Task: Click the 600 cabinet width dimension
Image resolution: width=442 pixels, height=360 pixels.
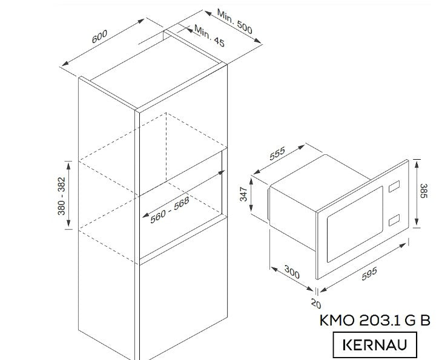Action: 99,36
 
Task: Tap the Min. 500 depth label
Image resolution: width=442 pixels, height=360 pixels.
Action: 234,21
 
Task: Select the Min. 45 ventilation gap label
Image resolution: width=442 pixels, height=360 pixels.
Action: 209,36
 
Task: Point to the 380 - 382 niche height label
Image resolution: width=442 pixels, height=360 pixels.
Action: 61,196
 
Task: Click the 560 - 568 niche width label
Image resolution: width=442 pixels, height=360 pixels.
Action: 170,210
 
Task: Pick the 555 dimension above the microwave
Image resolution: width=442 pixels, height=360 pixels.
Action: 277,154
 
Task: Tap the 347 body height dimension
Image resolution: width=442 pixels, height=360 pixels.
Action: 243,194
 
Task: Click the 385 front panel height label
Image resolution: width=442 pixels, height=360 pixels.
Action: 424,191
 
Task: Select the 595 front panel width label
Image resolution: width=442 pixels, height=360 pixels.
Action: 369,274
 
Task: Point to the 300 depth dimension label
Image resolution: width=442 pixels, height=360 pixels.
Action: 292,272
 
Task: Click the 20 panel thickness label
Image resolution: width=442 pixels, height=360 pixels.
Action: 316,303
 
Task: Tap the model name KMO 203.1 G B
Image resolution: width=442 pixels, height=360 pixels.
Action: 375,320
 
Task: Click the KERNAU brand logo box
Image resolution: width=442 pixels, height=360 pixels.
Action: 375,345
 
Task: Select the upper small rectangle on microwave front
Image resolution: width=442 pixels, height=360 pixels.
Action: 394,186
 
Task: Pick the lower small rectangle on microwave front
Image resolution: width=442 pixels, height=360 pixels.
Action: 394,220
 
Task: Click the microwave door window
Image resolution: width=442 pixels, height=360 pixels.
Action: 355,224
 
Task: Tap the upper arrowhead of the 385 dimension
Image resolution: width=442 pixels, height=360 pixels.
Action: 417,163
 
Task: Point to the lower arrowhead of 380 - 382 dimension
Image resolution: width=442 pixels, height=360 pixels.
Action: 68,224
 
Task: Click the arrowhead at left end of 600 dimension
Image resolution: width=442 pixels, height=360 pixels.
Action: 65,64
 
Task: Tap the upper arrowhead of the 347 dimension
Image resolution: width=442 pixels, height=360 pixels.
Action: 251,182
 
